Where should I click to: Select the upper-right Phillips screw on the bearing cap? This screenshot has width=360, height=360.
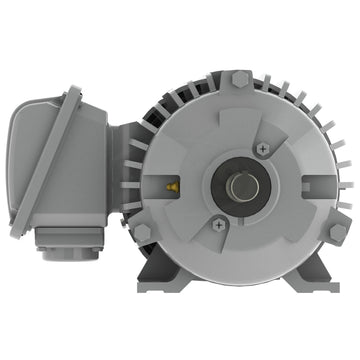point(263,148)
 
